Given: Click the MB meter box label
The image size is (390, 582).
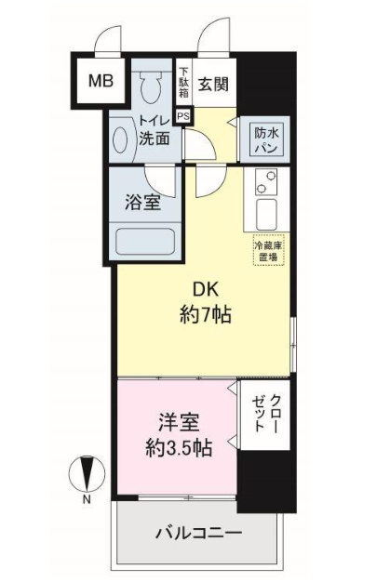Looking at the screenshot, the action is point(101,80).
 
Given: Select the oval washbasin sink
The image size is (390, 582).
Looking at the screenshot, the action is point(120,140).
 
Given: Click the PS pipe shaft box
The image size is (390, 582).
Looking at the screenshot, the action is point(183,116).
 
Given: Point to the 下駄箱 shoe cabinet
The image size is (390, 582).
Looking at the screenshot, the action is point(183,83).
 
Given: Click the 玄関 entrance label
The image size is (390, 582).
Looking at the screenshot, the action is point(213,85).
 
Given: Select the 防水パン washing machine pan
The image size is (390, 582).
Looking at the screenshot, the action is point(266,140).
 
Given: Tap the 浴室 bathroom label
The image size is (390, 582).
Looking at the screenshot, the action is point(142,204).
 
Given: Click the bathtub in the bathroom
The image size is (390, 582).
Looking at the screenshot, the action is point(145,242).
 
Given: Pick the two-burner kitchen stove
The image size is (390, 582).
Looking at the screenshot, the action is point(267,181).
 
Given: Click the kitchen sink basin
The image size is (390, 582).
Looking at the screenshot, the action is point(266,214).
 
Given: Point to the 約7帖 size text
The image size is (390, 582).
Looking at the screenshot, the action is point(206,315).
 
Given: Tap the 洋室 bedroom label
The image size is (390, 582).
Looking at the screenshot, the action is point(179,423).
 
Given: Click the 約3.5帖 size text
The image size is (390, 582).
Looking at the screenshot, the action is point(179,447).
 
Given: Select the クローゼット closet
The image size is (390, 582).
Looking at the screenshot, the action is point(265,415).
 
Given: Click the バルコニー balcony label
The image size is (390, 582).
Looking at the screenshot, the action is point(198,534).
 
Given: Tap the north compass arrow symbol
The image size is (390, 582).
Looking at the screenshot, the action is point(87,472).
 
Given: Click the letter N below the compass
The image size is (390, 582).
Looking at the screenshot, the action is point(87,499).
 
